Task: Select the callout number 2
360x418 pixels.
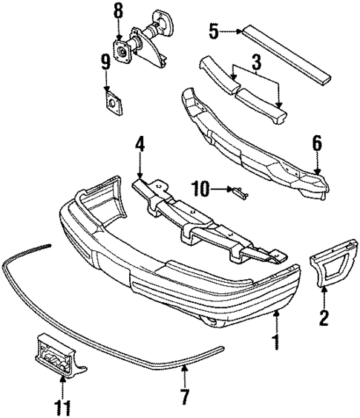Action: pos(324,320)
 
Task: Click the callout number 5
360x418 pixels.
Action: pos(214,31)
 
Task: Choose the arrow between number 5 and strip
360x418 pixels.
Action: pos(231,31)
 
